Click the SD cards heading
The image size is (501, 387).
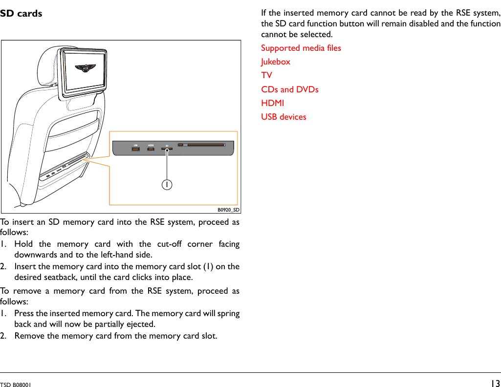point(21,14)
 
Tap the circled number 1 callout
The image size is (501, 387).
point(167,185)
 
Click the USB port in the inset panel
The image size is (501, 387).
point(136,149)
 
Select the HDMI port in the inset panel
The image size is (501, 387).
point(151,149)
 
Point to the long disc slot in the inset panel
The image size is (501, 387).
point(205,145)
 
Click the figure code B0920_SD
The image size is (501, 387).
point(228,210)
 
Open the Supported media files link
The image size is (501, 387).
point(301,48)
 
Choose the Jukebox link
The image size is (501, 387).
point(276,62)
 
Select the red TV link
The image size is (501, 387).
point(266,75)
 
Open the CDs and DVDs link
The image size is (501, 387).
point(289,89)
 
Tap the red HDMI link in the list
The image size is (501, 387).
point(272,103)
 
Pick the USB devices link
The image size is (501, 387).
point(283,117)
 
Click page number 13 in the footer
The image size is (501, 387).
point(495,383)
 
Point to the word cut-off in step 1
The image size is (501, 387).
point(170,244)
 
